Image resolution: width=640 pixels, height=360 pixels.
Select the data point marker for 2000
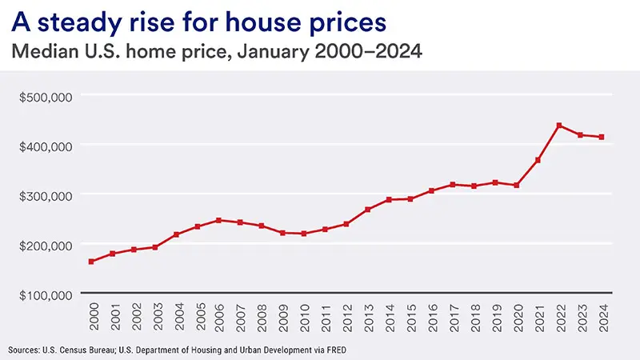pyautogui.click(x=91, y=262)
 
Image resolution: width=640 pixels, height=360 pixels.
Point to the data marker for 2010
pyautogui.click(x=303, y=234)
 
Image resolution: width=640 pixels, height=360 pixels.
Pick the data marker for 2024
pyautogui.click(x=602, y=138)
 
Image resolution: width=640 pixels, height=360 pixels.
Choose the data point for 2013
pyautogui.click(x=367, y=210)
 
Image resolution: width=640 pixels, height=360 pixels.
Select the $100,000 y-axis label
pyautogui.click(x=46, y=294)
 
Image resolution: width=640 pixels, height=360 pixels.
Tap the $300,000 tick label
pyautogui.click(x=46, y=195)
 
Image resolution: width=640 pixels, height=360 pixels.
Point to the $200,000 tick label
pyautogui.click(x=46, y=245)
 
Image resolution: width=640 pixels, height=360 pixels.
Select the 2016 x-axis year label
pyautogui.click(x=431, y=318)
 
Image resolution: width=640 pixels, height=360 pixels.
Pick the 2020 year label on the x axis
pyautogui.click(x=517, y=318)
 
